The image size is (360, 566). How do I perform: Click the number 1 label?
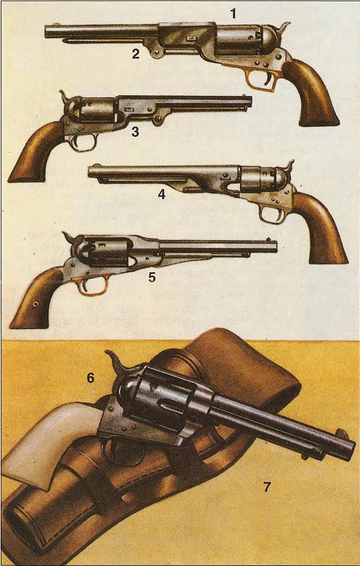(x=233, y=14)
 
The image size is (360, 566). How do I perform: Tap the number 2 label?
(x=136, y=54)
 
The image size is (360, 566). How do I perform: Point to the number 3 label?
(x=135, y=132)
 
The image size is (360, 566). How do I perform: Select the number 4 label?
(x=162, y=195)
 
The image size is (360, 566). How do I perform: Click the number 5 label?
(x=152, y=277)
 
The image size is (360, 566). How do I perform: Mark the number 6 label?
(x=90, y=378)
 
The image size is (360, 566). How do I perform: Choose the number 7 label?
(x=267, y=487)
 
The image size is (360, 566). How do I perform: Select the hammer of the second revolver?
(x=65, y=97)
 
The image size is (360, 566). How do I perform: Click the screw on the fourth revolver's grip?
(x=36, y=305)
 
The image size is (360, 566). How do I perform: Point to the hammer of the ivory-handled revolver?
(x=116, y=365)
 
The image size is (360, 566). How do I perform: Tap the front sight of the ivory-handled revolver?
(x=342, y=433)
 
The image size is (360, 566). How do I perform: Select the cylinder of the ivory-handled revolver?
(x=162, y=401)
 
